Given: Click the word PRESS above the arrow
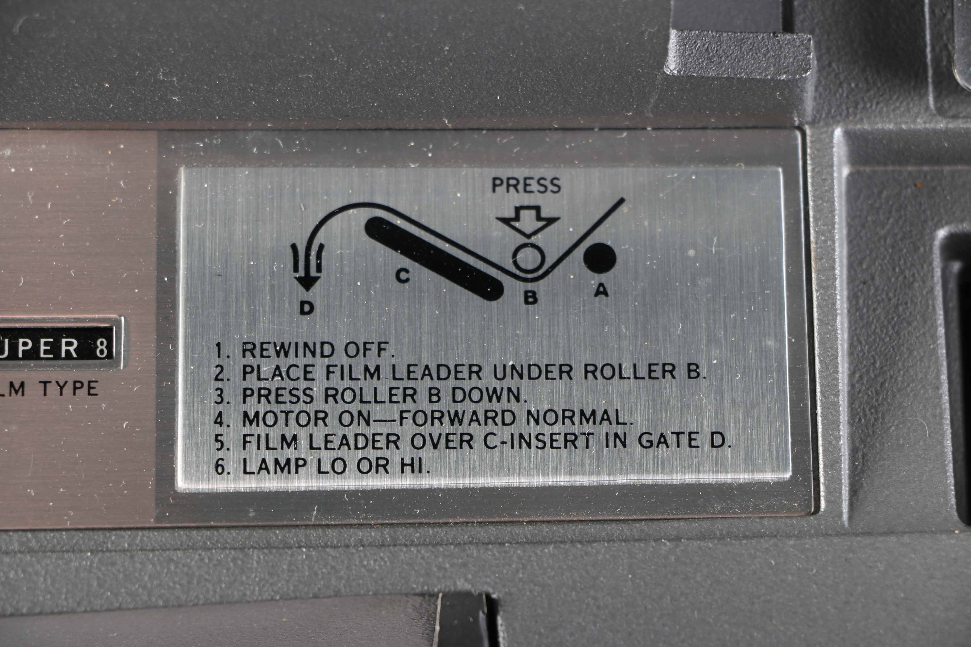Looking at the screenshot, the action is (526, 186).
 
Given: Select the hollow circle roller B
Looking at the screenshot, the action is (528, 258).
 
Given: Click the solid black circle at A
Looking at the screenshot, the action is (599, 258).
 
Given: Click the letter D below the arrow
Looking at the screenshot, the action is (307, 308).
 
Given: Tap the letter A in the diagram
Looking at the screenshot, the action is (601, 291).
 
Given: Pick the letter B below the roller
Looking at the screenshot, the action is (530, 297).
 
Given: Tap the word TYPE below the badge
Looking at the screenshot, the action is (69, 388).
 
